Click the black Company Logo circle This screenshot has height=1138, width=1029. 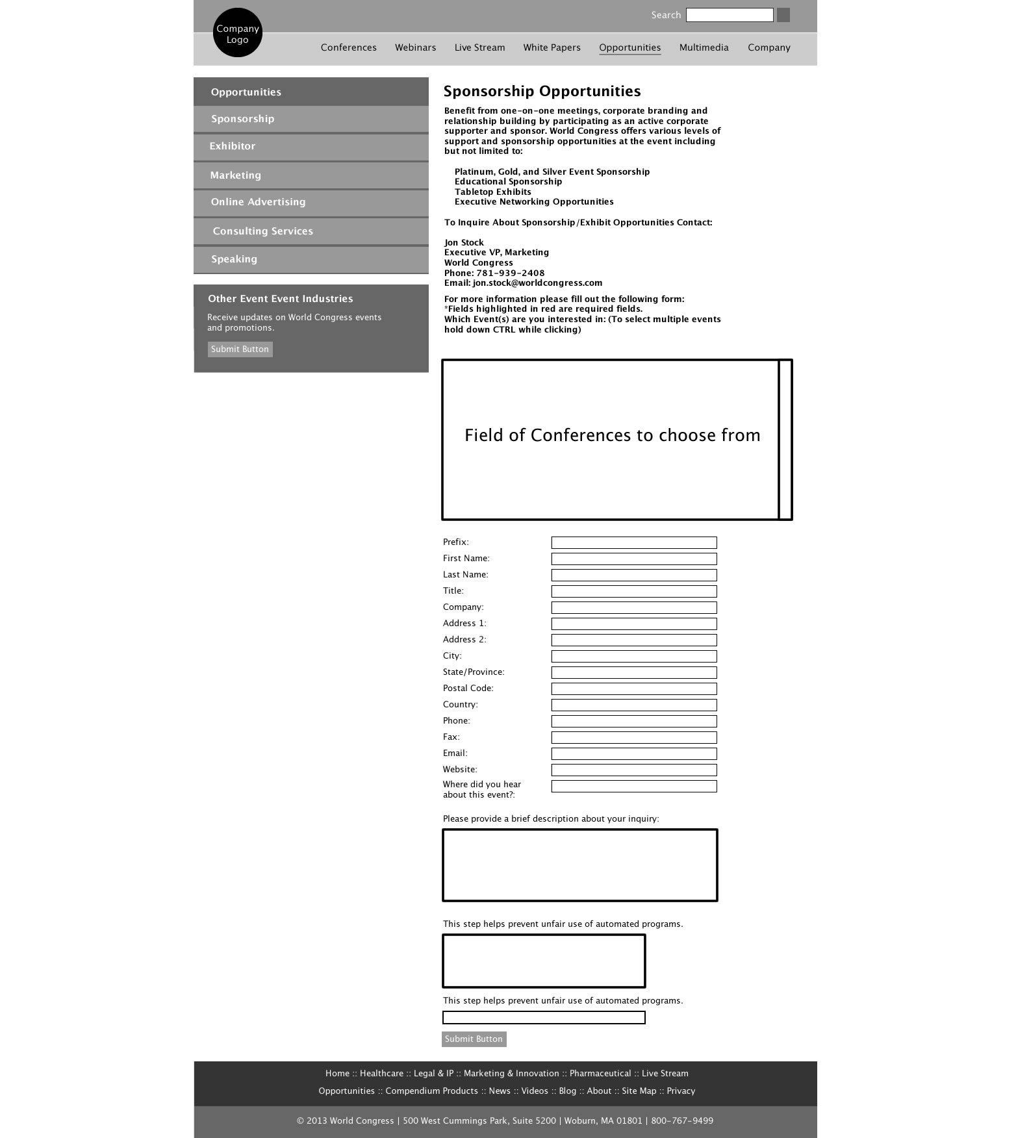coord(238,33)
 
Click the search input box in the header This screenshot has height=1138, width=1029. coord(730,15)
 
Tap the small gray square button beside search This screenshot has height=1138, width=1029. coord(783,15)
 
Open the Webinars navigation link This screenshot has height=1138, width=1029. coord(416,47)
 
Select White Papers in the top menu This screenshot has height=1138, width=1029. coord(552,47)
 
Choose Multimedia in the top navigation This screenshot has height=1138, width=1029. coord(704,47)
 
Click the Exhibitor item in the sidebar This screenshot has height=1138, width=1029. coord(233,146)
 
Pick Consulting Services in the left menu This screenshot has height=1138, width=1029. coord(263,231)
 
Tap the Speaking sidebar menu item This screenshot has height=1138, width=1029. coord(235,259)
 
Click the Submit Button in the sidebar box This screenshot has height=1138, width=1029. coord(240,349)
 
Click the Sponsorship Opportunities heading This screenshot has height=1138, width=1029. coord(542,92)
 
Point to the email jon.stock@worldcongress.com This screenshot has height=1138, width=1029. coord(538,283)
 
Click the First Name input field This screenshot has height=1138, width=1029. coord(634,559)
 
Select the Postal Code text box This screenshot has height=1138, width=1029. coord(634,689)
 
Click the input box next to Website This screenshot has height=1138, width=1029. coord(634,770)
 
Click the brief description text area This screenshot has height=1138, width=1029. coord(580,865)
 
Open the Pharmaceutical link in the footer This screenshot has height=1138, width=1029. coord(600,1074)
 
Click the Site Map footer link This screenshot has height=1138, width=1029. coord(639,1091)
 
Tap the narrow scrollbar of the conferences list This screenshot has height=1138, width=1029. coord(785,440)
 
